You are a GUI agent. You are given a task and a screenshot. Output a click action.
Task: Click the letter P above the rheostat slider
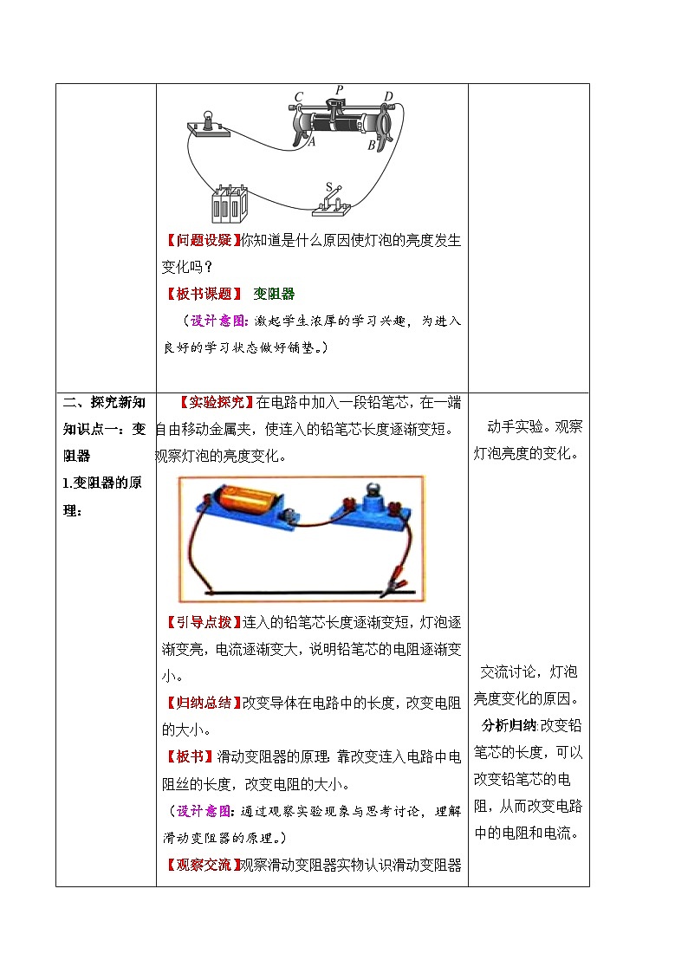(340, 89)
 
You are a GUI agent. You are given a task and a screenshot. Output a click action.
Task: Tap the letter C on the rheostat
(299, 97)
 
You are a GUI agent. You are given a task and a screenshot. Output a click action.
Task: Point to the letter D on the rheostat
(388, 96)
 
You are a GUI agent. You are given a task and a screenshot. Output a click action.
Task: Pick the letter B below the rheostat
(371, 146)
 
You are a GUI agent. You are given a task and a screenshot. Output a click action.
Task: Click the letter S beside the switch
(328, 186)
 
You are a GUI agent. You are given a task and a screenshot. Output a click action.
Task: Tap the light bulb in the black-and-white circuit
(209, 120)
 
